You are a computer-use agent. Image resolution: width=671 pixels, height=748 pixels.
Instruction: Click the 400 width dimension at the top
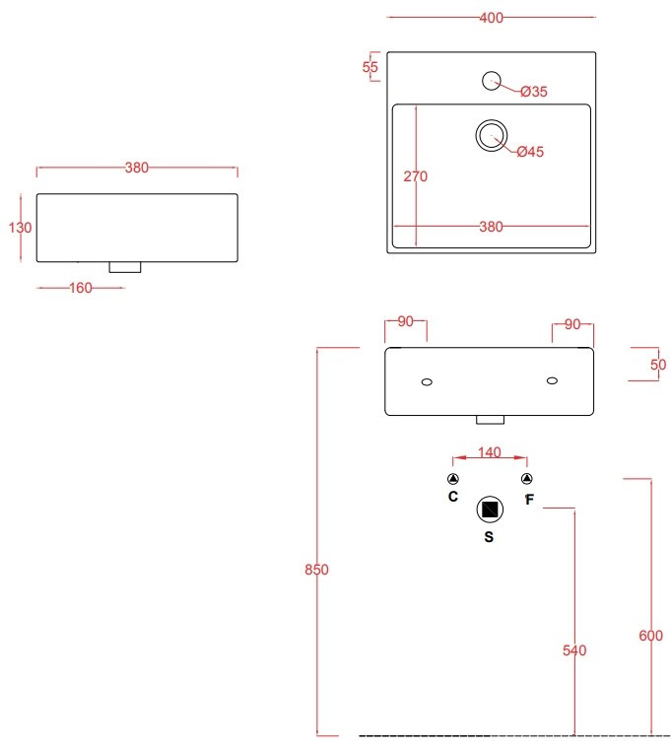(492, 18)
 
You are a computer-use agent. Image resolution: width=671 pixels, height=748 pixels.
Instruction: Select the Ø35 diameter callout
(533, 92)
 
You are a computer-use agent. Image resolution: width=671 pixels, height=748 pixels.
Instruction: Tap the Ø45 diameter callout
(530, 152)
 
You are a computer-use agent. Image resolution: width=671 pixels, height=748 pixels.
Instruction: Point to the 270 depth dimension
(415, 177)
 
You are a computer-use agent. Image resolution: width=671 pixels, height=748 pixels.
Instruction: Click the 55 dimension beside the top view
(370, 67)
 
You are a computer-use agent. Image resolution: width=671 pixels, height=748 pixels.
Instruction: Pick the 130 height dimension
(21, 228)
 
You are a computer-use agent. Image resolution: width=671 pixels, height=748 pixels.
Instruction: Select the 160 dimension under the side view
(80, 288)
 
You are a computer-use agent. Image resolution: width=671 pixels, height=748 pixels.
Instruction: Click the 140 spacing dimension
(489, 453)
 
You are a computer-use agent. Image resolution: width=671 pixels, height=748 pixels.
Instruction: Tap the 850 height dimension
(316, 570)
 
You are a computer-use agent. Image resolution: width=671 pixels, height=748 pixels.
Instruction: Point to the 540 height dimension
(573, 650)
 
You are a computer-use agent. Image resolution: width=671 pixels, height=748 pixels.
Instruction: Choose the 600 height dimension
(650, 636)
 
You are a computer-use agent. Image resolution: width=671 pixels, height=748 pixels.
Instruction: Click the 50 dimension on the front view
(658, 365)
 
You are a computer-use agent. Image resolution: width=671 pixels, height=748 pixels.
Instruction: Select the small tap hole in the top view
(491, 80)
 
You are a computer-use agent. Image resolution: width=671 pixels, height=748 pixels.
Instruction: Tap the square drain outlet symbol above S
(490, 510)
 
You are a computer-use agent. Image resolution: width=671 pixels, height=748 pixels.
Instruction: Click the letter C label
(453, 497)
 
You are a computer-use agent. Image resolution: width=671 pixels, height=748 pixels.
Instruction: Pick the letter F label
(529, 500)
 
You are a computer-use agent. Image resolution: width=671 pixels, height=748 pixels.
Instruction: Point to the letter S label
(490, 538)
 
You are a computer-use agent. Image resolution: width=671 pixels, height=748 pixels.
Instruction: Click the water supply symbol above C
(452, 479)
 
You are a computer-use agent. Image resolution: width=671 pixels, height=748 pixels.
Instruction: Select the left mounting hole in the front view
(427, 381)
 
